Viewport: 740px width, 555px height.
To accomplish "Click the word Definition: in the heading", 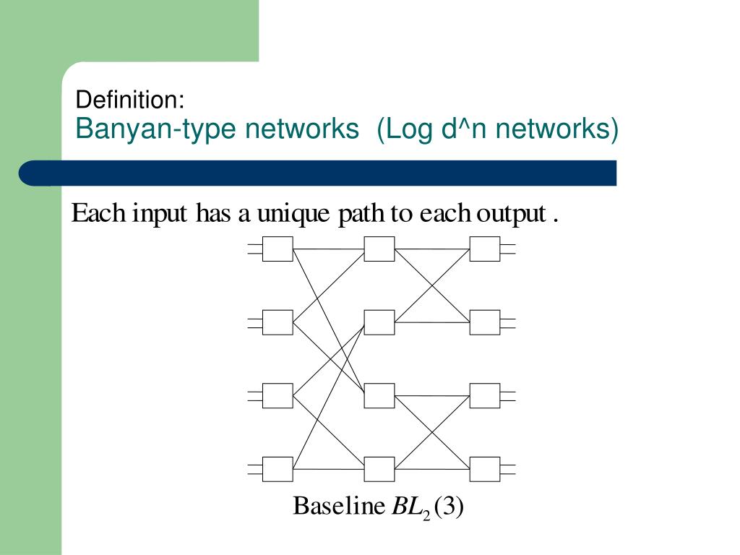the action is pyautogui.click(x=130, y=100).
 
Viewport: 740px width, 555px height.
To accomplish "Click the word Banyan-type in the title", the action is pyautogui.click(x=155, y=129).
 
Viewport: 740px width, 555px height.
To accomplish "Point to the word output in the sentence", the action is pyautogui.click(x=511, y=214).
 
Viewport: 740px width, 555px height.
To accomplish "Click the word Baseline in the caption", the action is pyautogui.click(x=339, y=506).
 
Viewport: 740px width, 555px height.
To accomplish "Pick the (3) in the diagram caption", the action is pyautogui.click(x=449, y=507).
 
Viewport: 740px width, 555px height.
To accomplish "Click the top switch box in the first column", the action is pyautogui.click(x=277, y=249).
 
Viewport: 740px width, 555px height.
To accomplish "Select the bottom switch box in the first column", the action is pyautogui.click(x=277, y=469).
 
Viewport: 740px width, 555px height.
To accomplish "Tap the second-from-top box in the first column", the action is pyautogui.click(x=277, y=322).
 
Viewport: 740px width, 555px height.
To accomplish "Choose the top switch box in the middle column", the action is pyautogui.click(x=379, y=249).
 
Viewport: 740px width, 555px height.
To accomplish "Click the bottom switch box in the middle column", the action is pyautogui.click(x=379, y=469).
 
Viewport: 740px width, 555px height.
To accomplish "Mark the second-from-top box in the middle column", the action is pyautogui.click(x=379, y=322).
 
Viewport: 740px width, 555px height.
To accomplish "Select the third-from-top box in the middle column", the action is pyautogui.click(x=379, y=396).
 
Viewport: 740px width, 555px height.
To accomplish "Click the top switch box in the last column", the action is pyautogui.click(x=485, y=249).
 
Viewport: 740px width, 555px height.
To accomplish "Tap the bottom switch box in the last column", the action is pyautogui.click(x=485, y=469).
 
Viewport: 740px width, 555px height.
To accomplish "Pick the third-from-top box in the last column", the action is pyautogui.click(x=485, y=396).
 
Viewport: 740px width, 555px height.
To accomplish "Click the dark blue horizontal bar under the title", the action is pyautogui.click(x=318, y=173).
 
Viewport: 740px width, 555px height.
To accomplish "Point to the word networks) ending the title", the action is pyautogui.click(x=557, y=129).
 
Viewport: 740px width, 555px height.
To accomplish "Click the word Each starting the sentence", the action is pyautogui.click(x=98, y=213).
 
